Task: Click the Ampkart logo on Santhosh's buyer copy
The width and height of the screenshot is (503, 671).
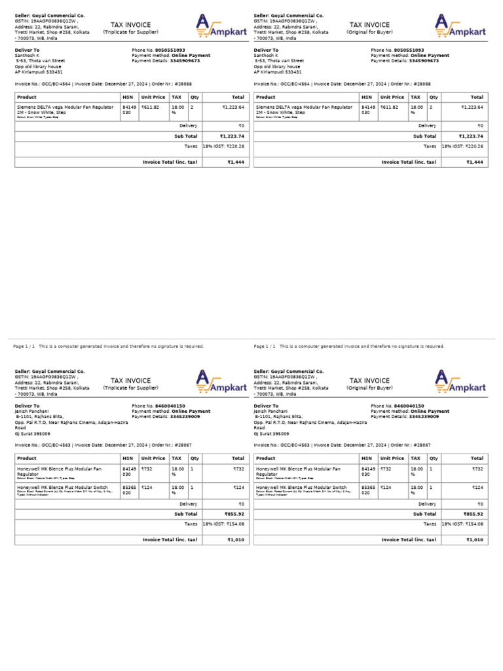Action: coord(460,26)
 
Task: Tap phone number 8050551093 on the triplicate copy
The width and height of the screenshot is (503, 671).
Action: coord(170,50)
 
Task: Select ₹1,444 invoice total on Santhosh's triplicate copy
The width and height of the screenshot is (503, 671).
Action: coord(236,162)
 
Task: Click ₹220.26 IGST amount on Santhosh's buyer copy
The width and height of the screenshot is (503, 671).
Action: coord(474,146)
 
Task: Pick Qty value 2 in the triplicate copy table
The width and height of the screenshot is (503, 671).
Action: coord(191,106)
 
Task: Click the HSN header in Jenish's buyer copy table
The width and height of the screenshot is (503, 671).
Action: coord(366,459)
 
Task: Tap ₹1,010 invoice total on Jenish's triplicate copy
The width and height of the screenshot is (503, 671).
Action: coord(236,540)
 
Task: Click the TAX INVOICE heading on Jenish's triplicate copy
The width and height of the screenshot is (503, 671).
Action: coord(130,381)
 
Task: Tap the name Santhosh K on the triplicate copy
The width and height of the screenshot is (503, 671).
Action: coord(28,56)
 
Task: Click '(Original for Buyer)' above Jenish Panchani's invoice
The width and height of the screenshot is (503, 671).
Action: coord(369,387)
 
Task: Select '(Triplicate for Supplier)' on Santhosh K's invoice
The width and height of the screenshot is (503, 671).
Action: coord(130,31)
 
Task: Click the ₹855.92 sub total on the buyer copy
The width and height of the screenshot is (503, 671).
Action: coord(474,514)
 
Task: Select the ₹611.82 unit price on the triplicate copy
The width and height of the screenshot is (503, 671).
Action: coord(150,106)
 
